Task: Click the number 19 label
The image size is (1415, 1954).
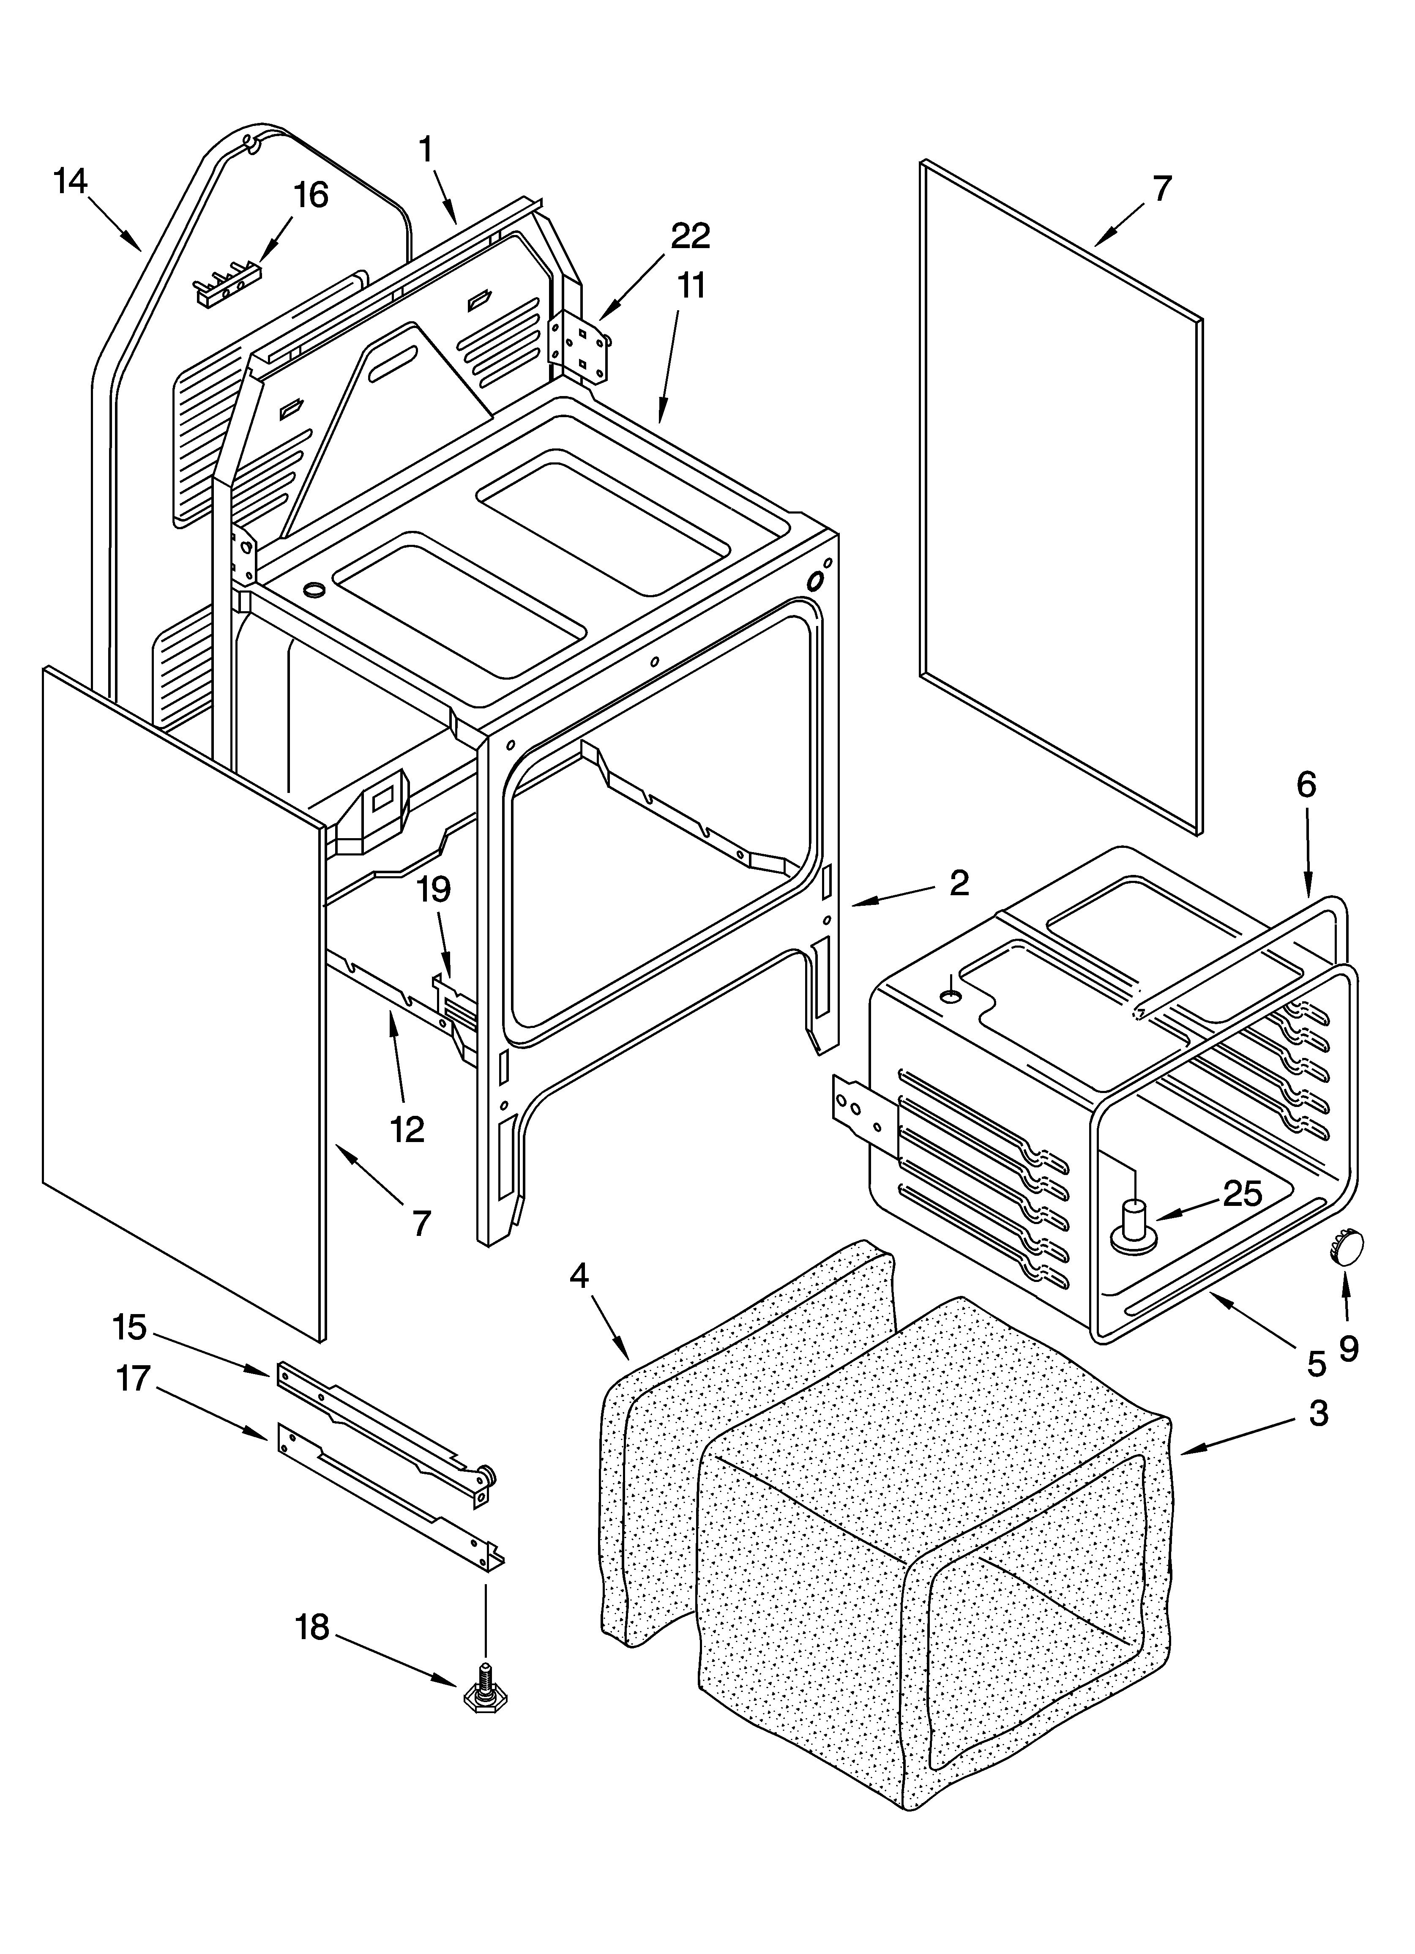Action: pyautogui.click(x=434, y=889)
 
